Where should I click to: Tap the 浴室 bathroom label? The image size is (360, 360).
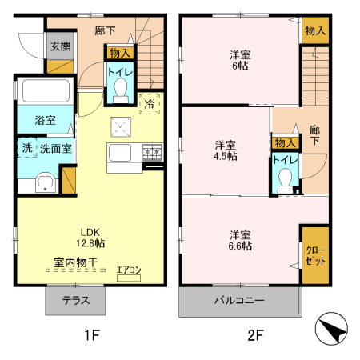coord(45,120)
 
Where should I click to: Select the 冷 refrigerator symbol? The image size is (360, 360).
coord(149,102)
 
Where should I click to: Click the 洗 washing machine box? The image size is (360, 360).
coord(26,148)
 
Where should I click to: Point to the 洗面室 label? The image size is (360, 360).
coord(56,148)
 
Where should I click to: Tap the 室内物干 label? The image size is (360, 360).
coord(77,262)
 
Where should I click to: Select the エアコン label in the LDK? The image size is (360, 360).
coord(128,270)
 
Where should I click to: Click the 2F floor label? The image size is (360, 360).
coord(254,336)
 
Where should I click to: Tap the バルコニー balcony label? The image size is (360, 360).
coord(238,302)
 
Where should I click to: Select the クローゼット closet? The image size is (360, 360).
coord(314,255)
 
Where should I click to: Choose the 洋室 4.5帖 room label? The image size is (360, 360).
coord(225,150)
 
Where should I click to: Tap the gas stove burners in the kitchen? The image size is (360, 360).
coord(152,152)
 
